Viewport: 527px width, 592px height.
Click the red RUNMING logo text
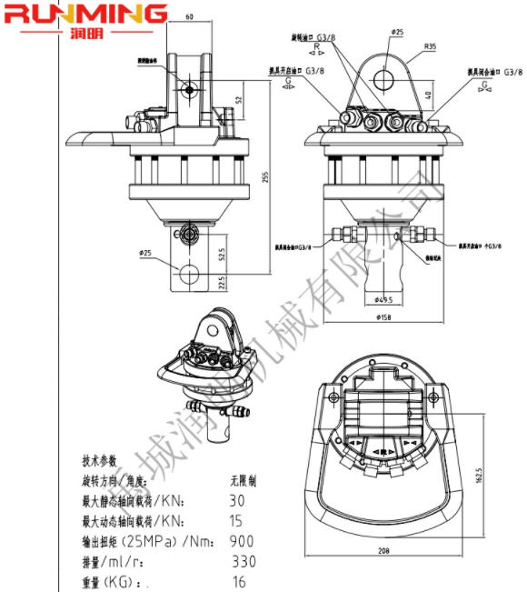85,14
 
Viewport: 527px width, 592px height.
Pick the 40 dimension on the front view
431,95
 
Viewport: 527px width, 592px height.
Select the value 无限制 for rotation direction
243,479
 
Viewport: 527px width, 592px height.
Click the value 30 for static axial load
237,499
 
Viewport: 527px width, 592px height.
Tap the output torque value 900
241,541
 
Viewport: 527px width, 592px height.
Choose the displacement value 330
244,561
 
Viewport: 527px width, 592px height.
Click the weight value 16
240,582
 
